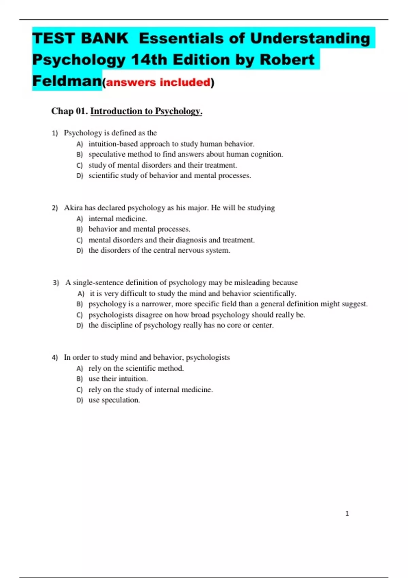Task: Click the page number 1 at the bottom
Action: click(x=347, y=513)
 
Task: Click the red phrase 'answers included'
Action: click(x=158, y=82)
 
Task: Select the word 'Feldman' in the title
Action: click(x=67, y=81)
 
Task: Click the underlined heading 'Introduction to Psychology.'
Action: click(x=146, y=111)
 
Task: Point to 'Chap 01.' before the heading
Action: click(x=69, y=111)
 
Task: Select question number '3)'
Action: click(x=56, y=283)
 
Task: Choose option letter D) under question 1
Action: click(x=80, y=176)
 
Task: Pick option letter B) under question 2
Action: click(x=80, y=230)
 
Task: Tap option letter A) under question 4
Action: click(x=80, y=369)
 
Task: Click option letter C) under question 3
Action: click(x=80, y=315)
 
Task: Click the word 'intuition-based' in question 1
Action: click(x=113, y=144)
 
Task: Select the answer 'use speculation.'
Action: click(x=114, y=400)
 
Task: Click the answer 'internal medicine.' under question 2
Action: click(x=118, y=219)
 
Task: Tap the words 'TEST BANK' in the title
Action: click(x=80, y=38)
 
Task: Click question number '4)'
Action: click(x=55, y=358)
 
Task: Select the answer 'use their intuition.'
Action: click(x=118, y=379)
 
